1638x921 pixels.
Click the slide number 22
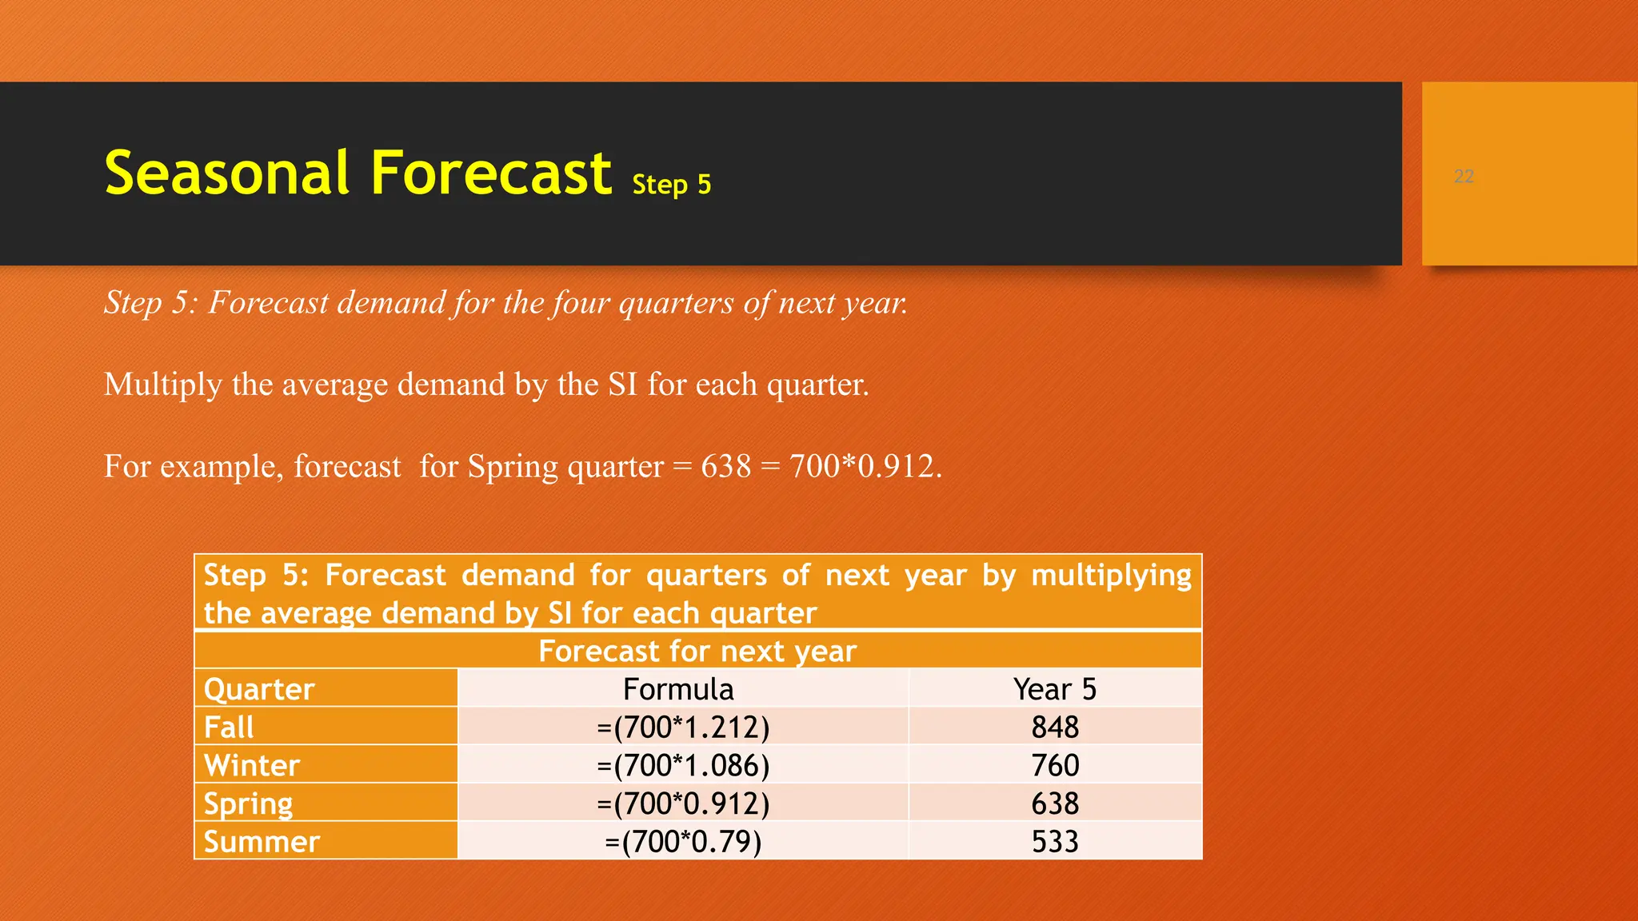coord(1464,176)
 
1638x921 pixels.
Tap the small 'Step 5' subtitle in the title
coord(671,185)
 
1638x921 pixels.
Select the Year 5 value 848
coord(1054,727)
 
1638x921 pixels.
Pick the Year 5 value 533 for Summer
coord(1054,841)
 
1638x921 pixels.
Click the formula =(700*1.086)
coord(683,765)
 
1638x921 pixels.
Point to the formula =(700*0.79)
coord(683,841)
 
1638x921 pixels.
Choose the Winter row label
coord(252,765)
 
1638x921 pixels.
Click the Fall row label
coord(229,727)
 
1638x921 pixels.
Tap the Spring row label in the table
coord(248,803)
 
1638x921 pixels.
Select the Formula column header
coord(678,688)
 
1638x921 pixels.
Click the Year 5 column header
coord(1054,688)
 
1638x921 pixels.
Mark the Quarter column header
coord(259,688)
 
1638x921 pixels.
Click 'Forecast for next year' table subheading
coord(697,651)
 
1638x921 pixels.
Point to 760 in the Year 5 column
coord(1054,765)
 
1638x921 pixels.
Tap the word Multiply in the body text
coord(162,385)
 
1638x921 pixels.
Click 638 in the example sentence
coord(726,466)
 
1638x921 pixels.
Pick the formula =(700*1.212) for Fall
coord(683,727)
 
